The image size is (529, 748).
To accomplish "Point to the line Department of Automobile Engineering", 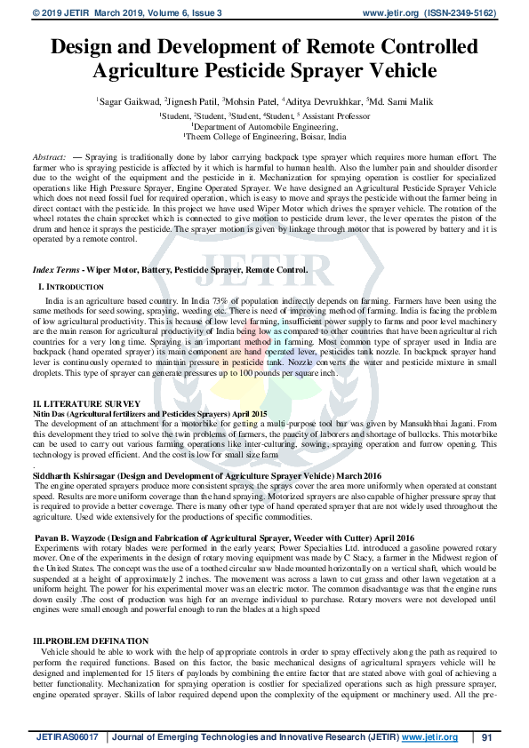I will click(x=264, y=127).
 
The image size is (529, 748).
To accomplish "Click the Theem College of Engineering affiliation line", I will click(x=264, y=138).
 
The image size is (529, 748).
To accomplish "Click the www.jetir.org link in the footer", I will click(x=429, y=737).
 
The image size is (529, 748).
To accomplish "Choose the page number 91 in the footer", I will click(x=486, y=737).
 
